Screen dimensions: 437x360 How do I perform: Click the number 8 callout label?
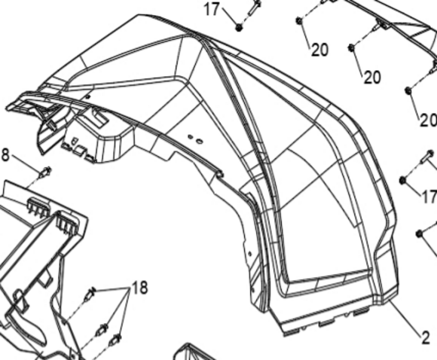(5, 154)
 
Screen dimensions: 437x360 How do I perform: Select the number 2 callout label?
(426, 338)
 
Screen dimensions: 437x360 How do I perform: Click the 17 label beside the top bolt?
(212, 9)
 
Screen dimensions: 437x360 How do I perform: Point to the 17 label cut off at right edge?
(429, 197)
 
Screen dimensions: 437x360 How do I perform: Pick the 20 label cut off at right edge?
(429, 121)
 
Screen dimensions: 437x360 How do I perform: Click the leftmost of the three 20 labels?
(319, 50)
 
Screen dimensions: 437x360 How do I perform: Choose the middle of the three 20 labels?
(372, 77)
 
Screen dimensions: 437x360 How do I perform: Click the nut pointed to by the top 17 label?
(239, 27)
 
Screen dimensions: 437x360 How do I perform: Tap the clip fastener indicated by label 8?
(45, 172)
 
